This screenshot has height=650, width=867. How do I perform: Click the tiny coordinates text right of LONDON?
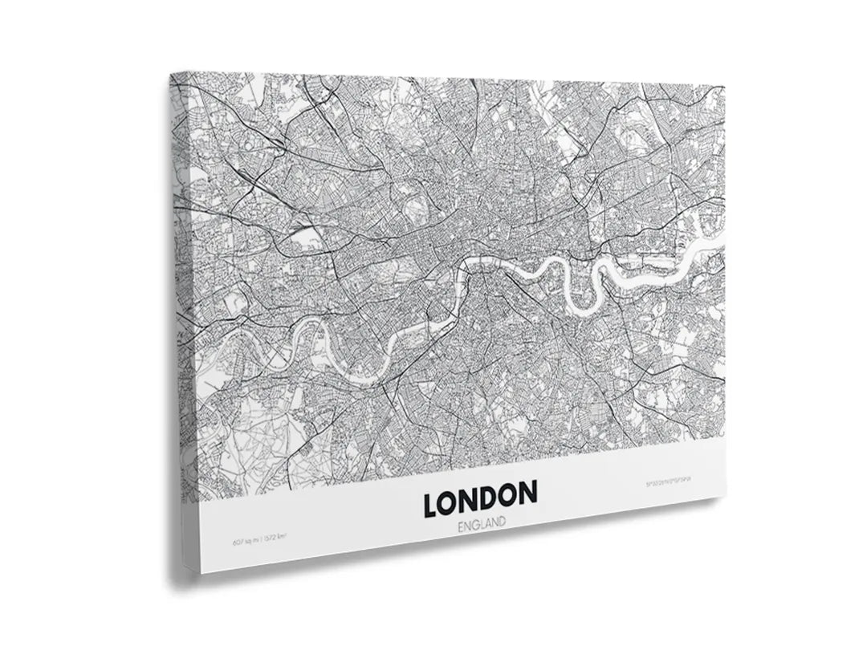click(x=668, y=484)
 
